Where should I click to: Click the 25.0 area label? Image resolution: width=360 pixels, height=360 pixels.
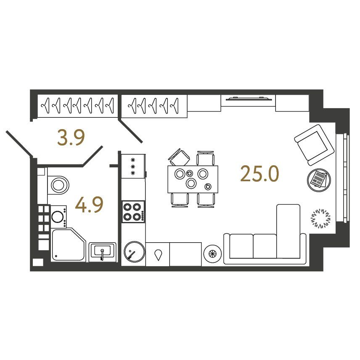[x=259, y=174]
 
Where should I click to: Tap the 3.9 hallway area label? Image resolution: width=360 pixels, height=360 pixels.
[x=71, y=138]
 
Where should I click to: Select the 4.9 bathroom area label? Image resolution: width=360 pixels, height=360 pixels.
[x=89, y=204]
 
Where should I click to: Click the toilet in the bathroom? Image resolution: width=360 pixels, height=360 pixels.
[x=58, y=185]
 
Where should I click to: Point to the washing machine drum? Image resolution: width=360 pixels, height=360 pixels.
[x=57, y=217]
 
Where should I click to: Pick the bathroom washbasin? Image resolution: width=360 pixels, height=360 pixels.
[x=102, y=251]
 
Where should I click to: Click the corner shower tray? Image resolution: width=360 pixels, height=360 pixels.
[x=68, y=245]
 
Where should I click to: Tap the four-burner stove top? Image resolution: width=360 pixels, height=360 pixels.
[x=133, y=212]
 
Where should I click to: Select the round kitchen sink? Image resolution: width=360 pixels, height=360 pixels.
[x=134, y=252]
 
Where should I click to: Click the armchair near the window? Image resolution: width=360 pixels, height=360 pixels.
[x=314, y=145]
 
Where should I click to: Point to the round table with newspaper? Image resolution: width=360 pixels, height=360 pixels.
[x=319, y=180]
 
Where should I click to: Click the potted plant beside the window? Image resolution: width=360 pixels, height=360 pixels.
[x=321, y=218]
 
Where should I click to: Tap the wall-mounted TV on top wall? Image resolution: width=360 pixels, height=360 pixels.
[x=249, y=99]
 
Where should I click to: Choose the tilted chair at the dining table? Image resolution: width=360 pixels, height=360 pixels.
[x=179, y=157]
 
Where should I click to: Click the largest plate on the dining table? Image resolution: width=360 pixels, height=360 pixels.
[x=191, y=183]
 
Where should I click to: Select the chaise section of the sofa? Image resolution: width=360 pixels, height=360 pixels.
[x=289, y=231]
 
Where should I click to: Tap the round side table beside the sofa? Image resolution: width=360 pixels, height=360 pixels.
[x=213, y=254]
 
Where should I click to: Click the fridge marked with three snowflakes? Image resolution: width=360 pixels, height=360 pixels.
[x=133, y=166]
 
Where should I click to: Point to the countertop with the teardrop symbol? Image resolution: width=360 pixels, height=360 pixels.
[x=158, y=254]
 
